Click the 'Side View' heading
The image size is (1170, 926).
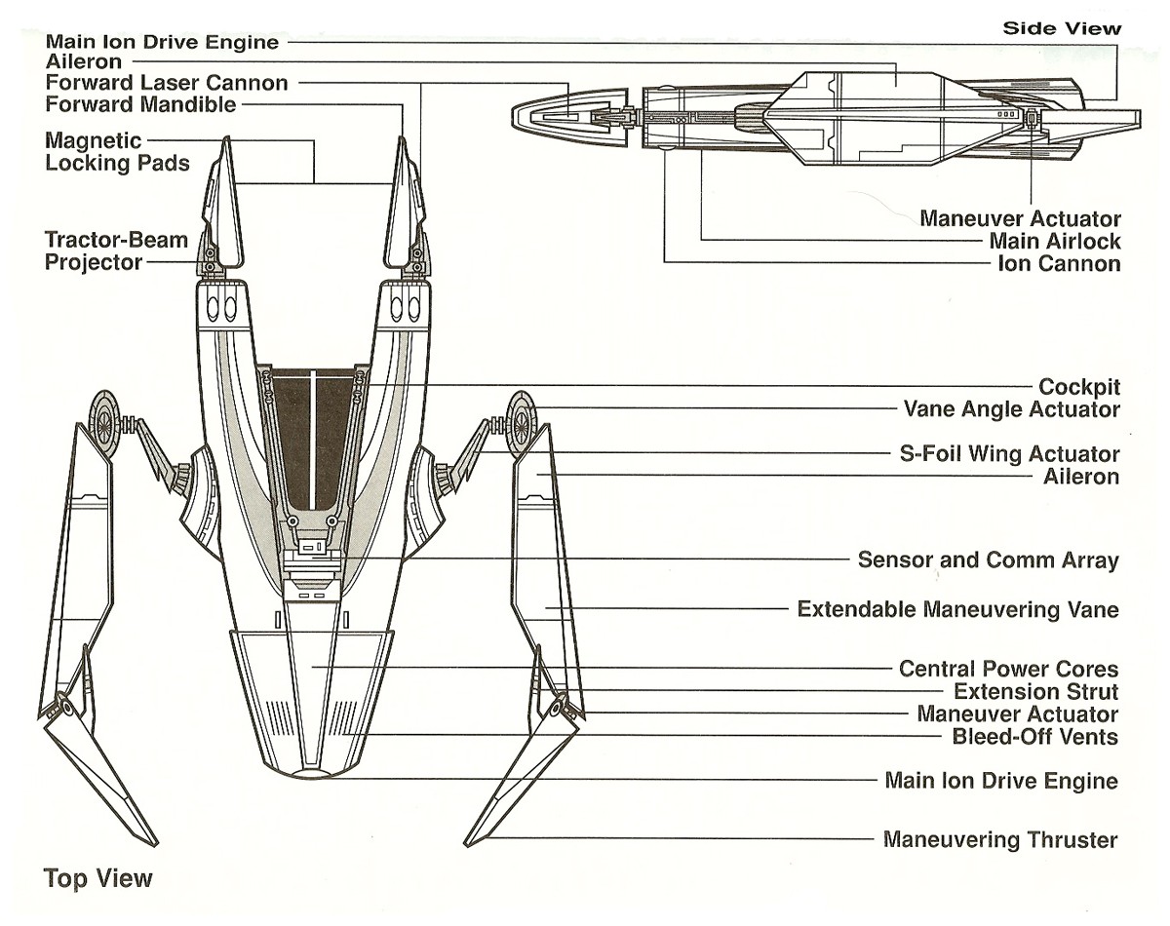pyautogui.click(x=1062, y=28)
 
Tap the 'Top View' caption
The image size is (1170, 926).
pyautogui.click(x=98, y=878)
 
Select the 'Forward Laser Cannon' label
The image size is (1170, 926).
pyautogui.click(x=167, y=83)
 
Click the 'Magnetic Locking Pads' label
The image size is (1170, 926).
pyautogui.click(x=118, y=152)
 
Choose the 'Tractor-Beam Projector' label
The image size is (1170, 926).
pyautogui.click(x=117, y=251)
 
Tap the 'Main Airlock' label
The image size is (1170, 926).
pyautogui.click(x=1055, y=241)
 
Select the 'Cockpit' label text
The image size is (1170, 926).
pyautogui.click(x=1078, y=386)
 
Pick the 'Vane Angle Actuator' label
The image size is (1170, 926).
pyautogui.click(x=1012, y=409)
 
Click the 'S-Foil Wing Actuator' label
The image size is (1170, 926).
pyautogui.click(x=1008, y=454)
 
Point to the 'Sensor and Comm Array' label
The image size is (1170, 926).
pyautogui.click(x=988, y=560)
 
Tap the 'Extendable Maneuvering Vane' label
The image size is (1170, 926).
pyautogui.click(x=957, y=610)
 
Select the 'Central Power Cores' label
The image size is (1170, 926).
pyautogui.click(x=1008, y=670)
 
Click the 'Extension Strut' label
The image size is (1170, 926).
pyautogui.click(x=1035, y=692)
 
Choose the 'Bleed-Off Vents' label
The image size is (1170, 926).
pyautogui.click(x=1034, y=736)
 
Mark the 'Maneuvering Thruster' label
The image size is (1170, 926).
pyautogui.click(x=1000, y=839)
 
